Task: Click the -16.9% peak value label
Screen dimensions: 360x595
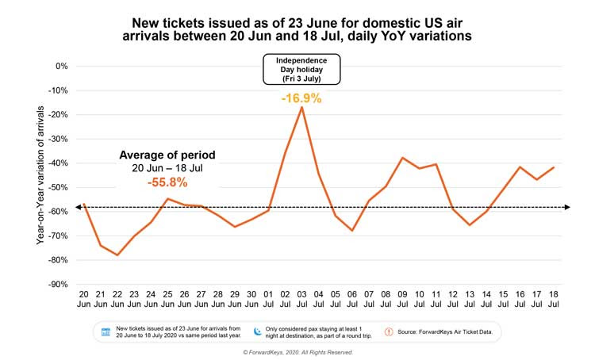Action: pos(301,99)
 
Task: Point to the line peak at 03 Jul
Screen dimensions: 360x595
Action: pos(301,107)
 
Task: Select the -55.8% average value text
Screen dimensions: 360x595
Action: pos(167,182)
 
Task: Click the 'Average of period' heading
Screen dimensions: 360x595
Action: pos(167,155)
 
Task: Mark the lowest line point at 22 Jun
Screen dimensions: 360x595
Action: pos(117,255)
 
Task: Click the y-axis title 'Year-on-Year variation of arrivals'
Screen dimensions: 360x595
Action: pos(40,174)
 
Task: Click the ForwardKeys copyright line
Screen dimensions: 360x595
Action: pos(297,352)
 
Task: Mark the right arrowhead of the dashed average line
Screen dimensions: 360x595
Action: pos(566,208)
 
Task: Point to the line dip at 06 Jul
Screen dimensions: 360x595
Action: pos(351,230)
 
